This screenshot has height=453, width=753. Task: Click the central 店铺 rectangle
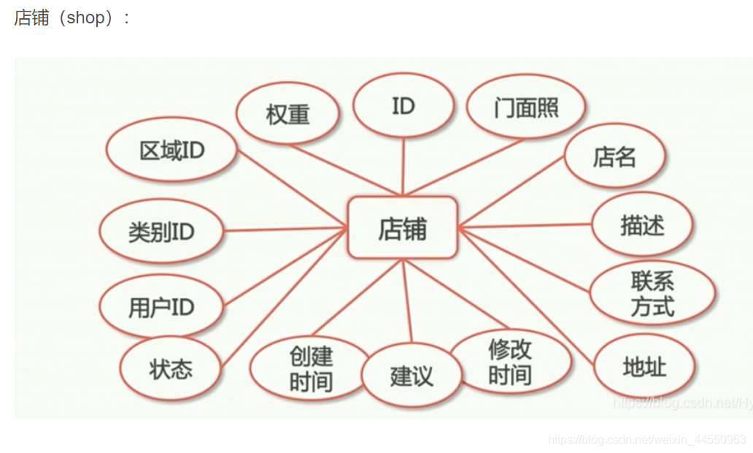402,228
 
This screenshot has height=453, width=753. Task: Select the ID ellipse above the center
403,107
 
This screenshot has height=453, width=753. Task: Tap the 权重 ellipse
288,114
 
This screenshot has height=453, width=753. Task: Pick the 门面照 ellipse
525,109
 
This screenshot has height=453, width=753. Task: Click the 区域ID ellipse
172,151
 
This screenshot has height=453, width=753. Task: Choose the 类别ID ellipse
161,232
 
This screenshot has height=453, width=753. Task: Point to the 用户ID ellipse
161,307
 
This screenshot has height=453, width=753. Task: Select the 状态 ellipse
171,369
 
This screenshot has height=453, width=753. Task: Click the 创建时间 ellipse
311,369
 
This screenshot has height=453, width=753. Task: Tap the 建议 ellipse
412,376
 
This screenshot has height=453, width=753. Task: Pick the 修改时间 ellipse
510,362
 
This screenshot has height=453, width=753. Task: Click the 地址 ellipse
644,368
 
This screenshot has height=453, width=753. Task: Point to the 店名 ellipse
614,156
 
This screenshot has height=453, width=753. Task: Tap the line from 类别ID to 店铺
285,230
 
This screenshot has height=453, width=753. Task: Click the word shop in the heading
85,18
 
